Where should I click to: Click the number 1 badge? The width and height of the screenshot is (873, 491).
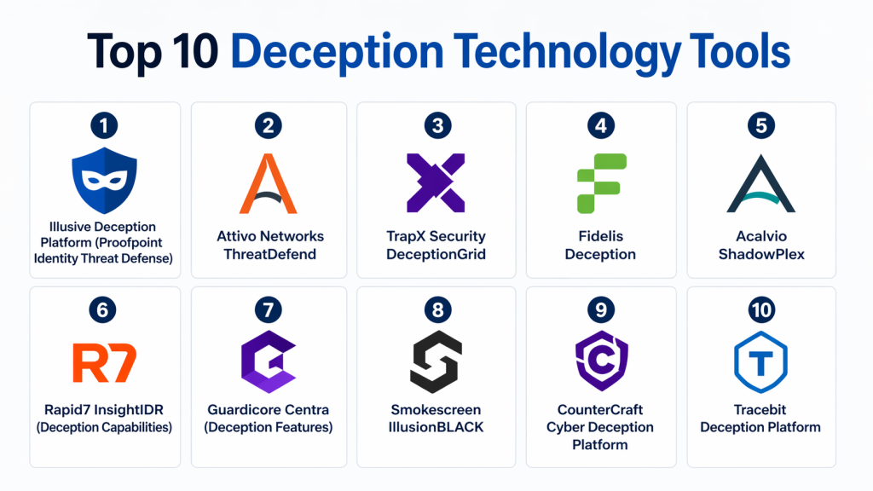point(103,126)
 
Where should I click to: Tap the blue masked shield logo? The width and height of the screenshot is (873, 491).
point(103,182)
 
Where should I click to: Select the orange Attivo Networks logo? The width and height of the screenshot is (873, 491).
point(268,182)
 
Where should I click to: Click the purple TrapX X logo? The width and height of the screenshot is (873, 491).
point(436,182)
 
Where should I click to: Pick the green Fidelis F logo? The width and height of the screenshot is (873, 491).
point(601,182)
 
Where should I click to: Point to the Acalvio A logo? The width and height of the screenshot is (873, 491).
point(760,182)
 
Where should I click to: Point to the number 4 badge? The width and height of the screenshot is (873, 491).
point(601,126)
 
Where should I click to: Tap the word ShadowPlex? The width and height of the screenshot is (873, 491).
point(760,254)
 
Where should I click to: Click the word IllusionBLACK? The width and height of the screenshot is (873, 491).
point(436,427)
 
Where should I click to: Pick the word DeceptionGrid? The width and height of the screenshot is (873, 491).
point(436,254)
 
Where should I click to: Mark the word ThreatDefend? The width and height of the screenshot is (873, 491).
point(268,254)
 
